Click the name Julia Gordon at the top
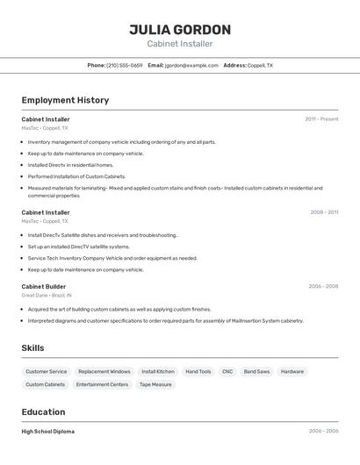point(180,29)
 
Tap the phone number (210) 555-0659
point(125,65)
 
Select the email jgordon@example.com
point(191,65)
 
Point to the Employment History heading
point(65,100)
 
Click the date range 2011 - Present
point(321,118)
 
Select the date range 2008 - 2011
point(323,211)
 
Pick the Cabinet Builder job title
point(44,286)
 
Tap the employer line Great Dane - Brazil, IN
point(47,296)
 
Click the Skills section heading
point(32,348)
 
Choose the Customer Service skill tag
point(46,371)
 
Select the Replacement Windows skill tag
point(104,371)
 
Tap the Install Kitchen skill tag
point(158,371)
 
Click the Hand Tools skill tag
point(198,371)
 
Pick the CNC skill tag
point(227,371)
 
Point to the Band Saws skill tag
point(256,371)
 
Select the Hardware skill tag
point(292,371)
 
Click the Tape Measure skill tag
point(155,384)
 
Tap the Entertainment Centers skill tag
point(102,384)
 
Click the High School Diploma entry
point(47,432)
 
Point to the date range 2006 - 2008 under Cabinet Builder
point(323,286)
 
